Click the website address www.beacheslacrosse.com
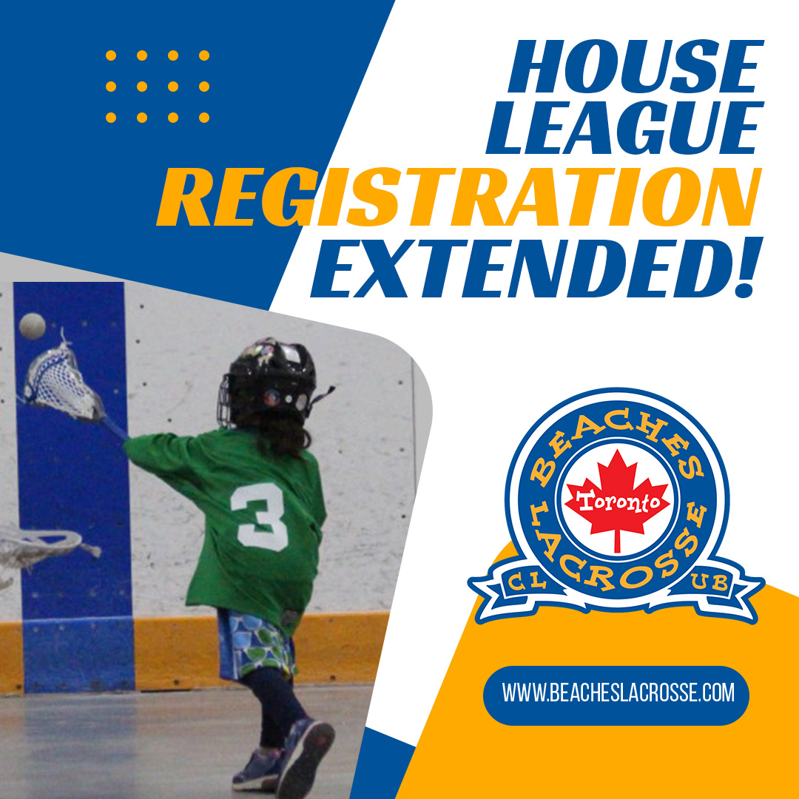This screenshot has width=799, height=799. point(618,693)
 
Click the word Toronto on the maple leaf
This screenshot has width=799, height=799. point(617,502)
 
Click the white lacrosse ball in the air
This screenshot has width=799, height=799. point(32,326)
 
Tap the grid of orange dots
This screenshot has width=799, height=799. point(157,86)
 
